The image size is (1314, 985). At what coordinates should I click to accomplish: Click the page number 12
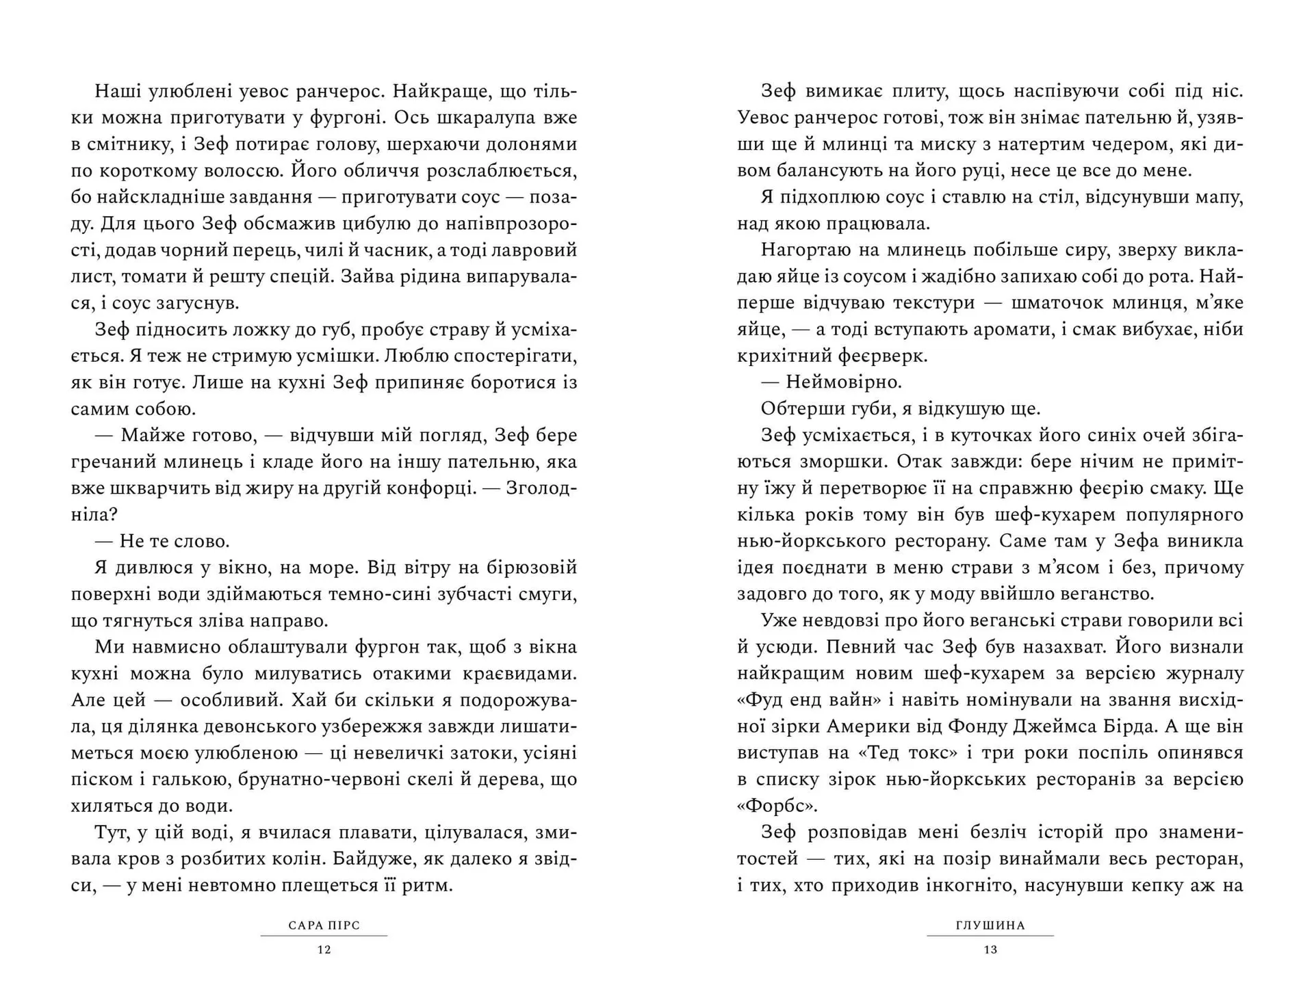(x=324, y=949)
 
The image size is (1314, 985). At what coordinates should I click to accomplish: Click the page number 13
(x=990, y=949)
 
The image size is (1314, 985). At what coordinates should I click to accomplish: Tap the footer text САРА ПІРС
(x=324, y=925)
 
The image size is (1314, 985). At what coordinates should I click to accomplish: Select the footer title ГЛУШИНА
(x=990, y=925)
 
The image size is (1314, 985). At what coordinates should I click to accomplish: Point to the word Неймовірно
(x=844, y=382)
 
